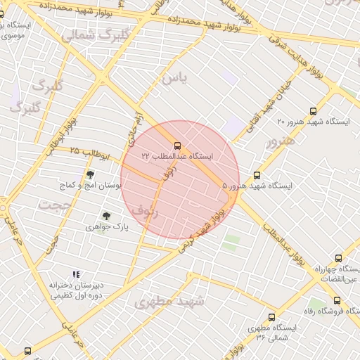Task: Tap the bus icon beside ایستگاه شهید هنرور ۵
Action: point(257,175)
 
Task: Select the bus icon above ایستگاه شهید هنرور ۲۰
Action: point(313,110)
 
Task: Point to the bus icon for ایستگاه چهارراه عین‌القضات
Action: point(339,258)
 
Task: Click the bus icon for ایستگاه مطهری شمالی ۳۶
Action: point(271,317)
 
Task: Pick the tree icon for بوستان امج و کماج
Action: point(90,174)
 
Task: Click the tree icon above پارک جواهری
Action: point(106,216)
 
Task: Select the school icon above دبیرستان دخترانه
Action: point(76,274)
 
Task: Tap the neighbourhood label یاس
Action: point(174,77)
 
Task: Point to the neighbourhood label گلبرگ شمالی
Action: point(96,34)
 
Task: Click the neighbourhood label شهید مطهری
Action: point(169,302)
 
